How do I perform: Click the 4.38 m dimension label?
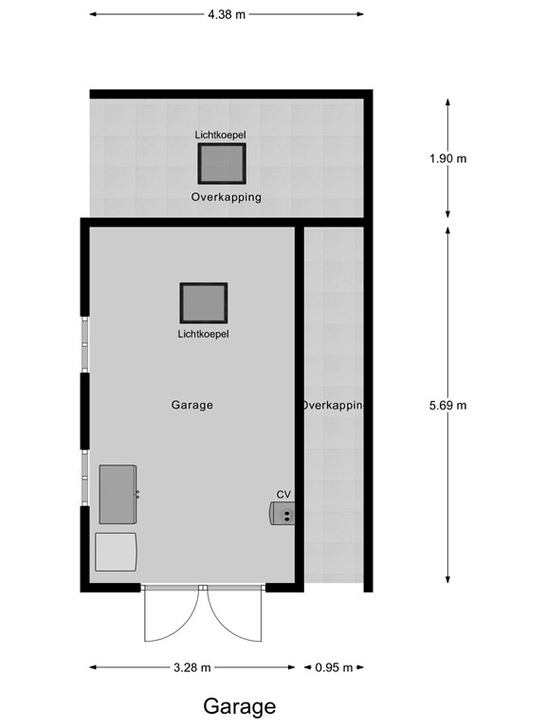(x=227, y=14)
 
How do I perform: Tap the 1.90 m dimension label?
(x=447, y=158)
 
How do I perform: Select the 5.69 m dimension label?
(x=447, y=405)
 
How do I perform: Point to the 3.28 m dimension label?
(x=192, y=667)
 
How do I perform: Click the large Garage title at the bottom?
(x=239, y=706)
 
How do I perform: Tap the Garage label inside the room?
(x=191, y=405)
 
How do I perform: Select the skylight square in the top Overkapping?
(x=221, y=163)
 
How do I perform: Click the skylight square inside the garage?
(x=204, y=302)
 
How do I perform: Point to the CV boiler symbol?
(x=282, y=513)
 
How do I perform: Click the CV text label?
(x=283, y=495)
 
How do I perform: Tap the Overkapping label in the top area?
(x=226, y=198)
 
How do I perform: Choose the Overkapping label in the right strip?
(x=332, y=405)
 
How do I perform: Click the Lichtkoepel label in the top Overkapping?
(x=221, y=136)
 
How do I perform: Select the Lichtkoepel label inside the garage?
(x=204, y=334)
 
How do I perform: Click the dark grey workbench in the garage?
(x=118, y=494)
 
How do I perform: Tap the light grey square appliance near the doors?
(x=116, y=551)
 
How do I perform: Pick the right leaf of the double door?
(x=233, y=614)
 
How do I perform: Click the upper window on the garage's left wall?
(x=84, y=343)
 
